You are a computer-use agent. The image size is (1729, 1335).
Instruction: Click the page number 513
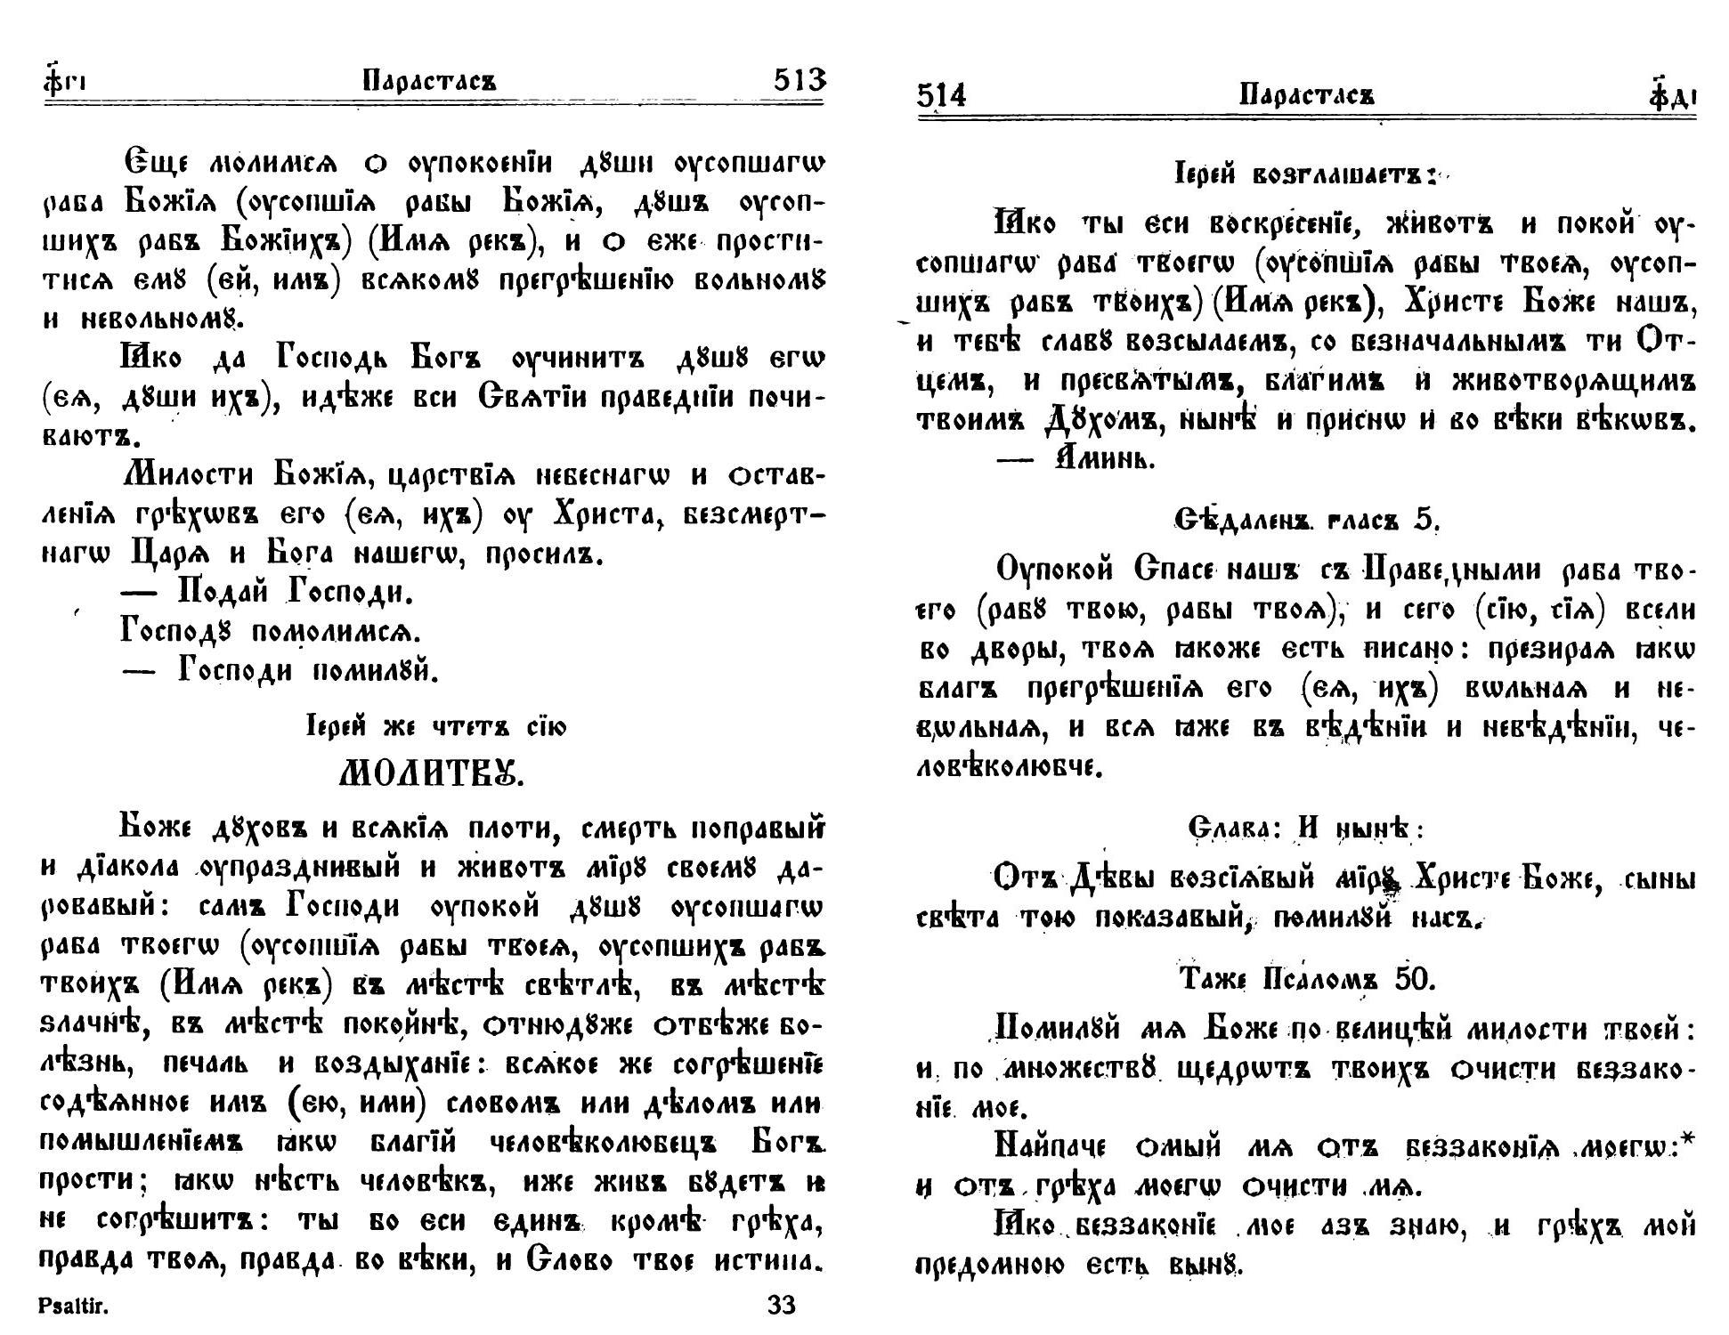[x=800, y=81]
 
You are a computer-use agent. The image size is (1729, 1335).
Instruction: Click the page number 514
[x=941, y=94]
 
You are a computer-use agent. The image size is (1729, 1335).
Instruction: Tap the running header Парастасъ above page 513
[x=430, y=82]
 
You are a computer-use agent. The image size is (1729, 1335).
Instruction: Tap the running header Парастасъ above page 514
[x=1307, y=94]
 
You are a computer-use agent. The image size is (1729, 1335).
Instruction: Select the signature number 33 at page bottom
[x=781, y=1306]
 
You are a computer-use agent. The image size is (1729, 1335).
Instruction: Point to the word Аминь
[x=1104, y=459]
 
